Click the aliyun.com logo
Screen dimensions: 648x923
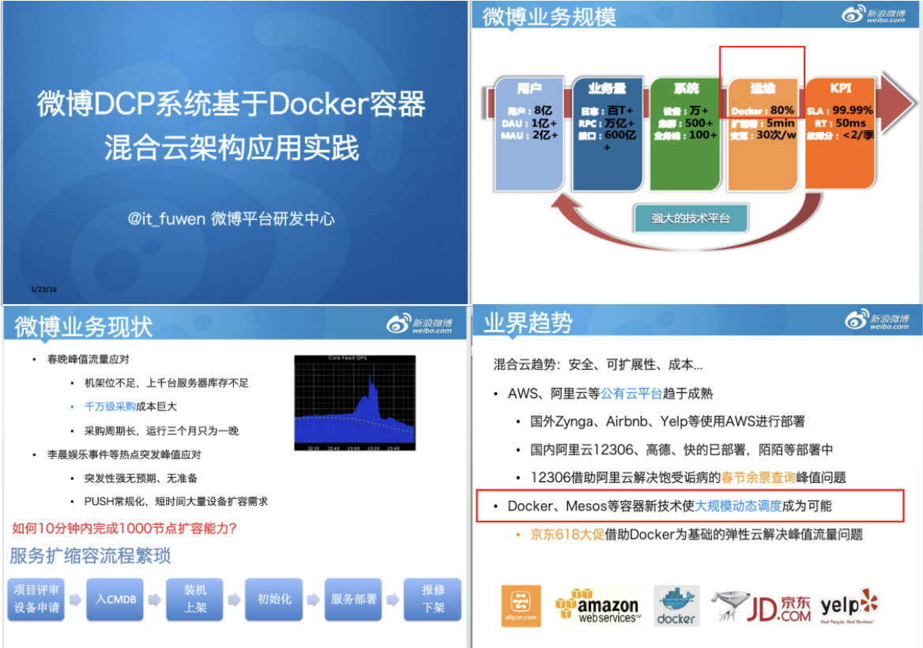pos(521,606)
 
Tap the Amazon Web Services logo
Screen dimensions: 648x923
pos(597,606)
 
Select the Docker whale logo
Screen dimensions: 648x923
pos(677,606)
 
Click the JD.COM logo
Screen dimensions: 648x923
pos(762,606)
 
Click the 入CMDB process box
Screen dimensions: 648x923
pos(116,599)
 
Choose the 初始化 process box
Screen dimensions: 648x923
pos(274,599)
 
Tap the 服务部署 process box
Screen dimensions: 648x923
pos(353,599)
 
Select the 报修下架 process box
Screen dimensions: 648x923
pos(433,599)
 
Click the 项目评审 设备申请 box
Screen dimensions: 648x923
pos(36,599)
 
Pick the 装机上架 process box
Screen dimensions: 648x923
pos(195,599)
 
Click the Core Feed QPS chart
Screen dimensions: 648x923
pos(355,403)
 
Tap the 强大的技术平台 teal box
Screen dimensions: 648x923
pos(691,219)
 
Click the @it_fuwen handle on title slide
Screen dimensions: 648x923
pos(166,219)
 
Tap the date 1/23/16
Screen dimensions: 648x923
pos(44,289)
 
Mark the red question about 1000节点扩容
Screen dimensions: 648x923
pos(125,528)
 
